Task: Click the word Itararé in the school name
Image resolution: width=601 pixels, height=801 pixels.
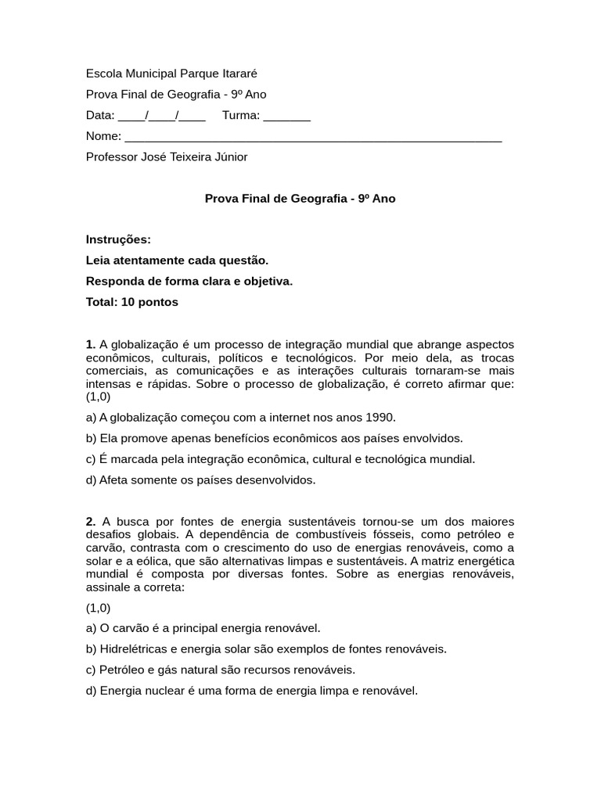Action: coord(236,74)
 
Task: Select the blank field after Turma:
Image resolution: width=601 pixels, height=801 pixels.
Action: coord(286,116)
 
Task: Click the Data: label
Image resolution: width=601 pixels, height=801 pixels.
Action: coord(100,116)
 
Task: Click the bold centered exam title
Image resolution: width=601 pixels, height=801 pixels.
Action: coord(300,199)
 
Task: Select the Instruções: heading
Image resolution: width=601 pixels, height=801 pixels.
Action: coord(118,239)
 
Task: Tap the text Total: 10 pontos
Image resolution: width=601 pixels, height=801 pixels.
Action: coord(132,302)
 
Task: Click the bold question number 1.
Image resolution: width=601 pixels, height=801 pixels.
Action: coord(90,345)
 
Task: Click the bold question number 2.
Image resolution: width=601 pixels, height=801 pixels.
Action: coord(90,522)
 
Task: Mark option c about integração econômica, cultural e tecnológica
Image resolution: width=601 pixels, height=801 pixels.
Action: coord(280,459)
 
